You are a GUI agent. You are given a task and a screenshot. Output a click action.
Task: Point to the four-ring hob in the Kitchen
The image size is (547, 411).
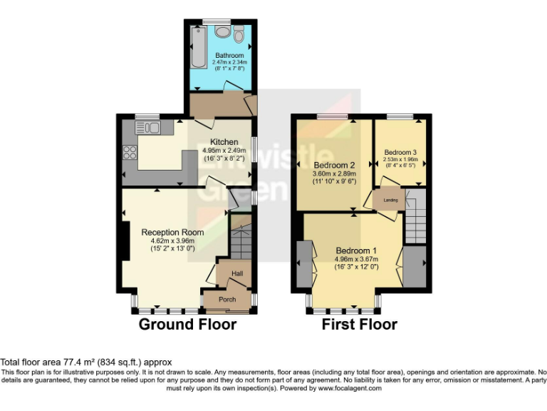click(x=131, y=152)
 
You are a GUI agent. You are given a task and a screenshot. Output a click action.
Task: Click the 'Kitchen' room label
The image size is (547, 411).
click(x=224, y=142)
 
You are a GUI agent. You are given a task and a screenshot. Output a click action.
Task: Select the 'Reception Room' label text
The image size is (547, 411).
click(x=172, y=232)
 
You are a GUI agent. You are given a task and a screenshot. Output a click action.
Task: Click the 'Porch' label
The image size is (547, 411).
click(x=226, y=299)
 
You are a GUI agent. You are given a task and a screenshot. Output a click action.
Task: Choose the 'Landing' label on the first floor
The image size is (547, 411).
click(x=390, y=200)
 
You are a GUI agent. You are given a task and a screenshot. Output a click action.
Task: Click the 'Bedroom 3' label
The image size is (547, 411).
click(x=400, y=152)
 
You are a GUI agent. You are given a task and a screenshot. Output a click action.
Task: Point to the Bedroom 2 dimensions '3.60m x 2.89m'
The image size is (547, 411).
click(x=334, y=173)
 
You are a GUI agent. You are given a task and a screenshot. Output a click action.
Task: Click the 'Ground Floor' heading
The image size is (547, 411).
click(x=187, y=325)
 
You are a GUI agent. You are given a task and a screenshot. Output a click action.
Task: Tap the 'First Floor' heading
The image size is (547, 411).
click(x=360, y=325)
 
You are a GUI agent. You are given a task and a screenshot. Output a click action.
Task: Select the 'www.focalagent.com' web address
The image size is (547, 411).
click(x=350, y=388)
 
